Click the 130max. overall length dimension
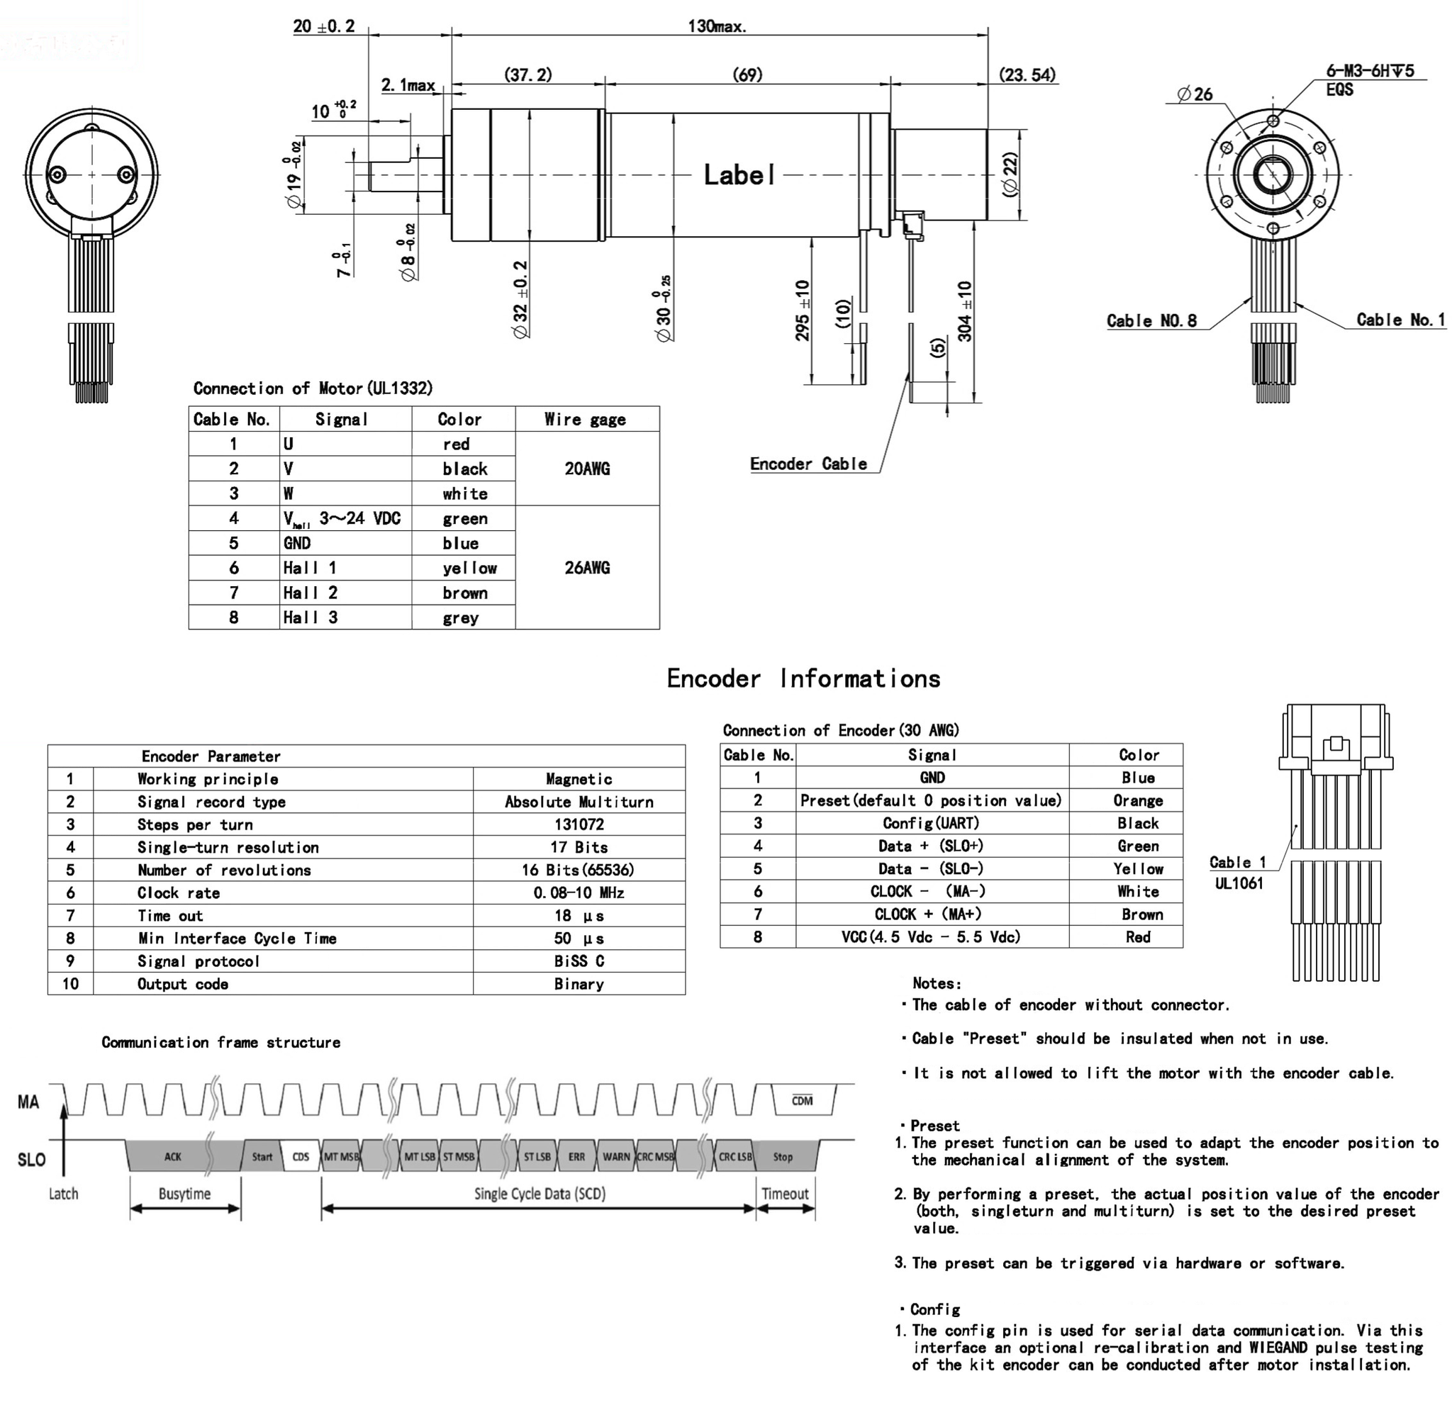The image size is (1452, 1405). [716, 27]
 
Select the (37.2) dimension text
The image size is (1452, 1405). [527, 75]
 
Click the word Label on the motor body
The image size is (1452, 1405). [739, 176]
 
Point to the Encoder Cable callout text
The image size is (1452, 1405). [808, 464]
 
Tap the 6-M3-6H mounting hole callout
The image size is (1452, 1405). [1369, 71]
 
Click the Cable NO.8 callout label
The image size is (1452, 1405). [1151, 320]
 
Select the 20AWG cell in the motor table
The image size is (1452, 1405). [587, 469]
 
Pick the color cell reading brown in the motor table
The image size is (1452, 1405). [464, 593]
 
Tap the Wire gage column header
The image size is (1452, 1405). [585, 420]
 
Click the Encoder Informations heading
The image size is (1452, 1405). [803, 678]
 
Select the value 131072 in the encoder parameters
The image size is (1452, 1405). [579, 824]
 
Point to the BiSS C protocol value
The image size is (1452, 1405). [579, 961]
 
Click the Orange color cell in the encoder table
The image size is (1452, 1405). [1137, 800]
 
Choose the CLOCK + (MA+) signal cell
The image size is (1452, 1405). [931, 914]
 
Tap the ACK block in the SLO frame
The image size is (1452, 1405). [172, 1157]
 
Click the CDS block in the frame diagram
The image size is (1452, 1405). [301, 1157]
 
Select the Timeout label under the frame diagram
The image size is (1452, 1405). [785, 1194]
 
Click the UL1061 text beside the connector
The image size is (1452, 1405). [1239, 883]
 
